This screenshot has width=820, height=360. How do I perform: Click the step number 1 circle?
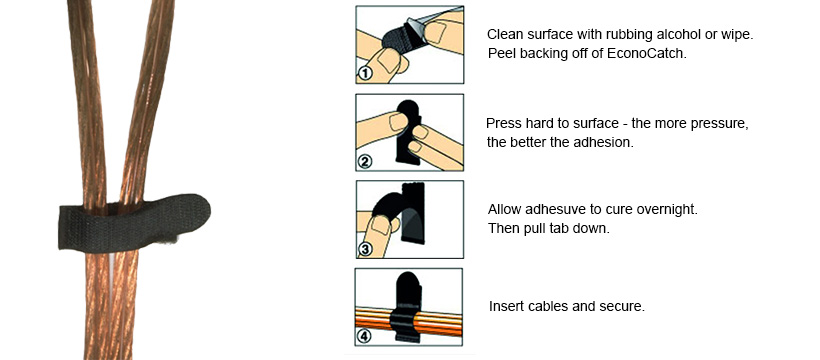(x=366, y=72)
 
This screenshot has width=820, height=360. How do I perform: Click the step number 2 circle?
(x=366, y=160)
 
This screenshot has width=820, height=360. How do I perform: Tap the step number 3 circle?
(x=366, y=248)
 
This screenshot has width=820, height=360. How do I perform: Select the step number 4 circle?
(x=365, y=336)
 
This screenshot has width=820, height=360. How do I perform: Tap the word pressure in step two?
(x=716, y=122)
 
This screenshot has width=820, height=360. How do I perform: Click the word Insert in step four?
(x=507, y=305)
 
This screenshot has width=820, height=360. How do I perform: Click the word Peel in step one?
(x=502, y=53)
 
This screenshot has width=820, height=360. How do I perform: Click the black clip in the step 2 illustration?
(x=408, y=130)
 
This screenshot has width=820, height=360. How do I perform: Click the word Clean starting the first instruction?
(x=507, y=34)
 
